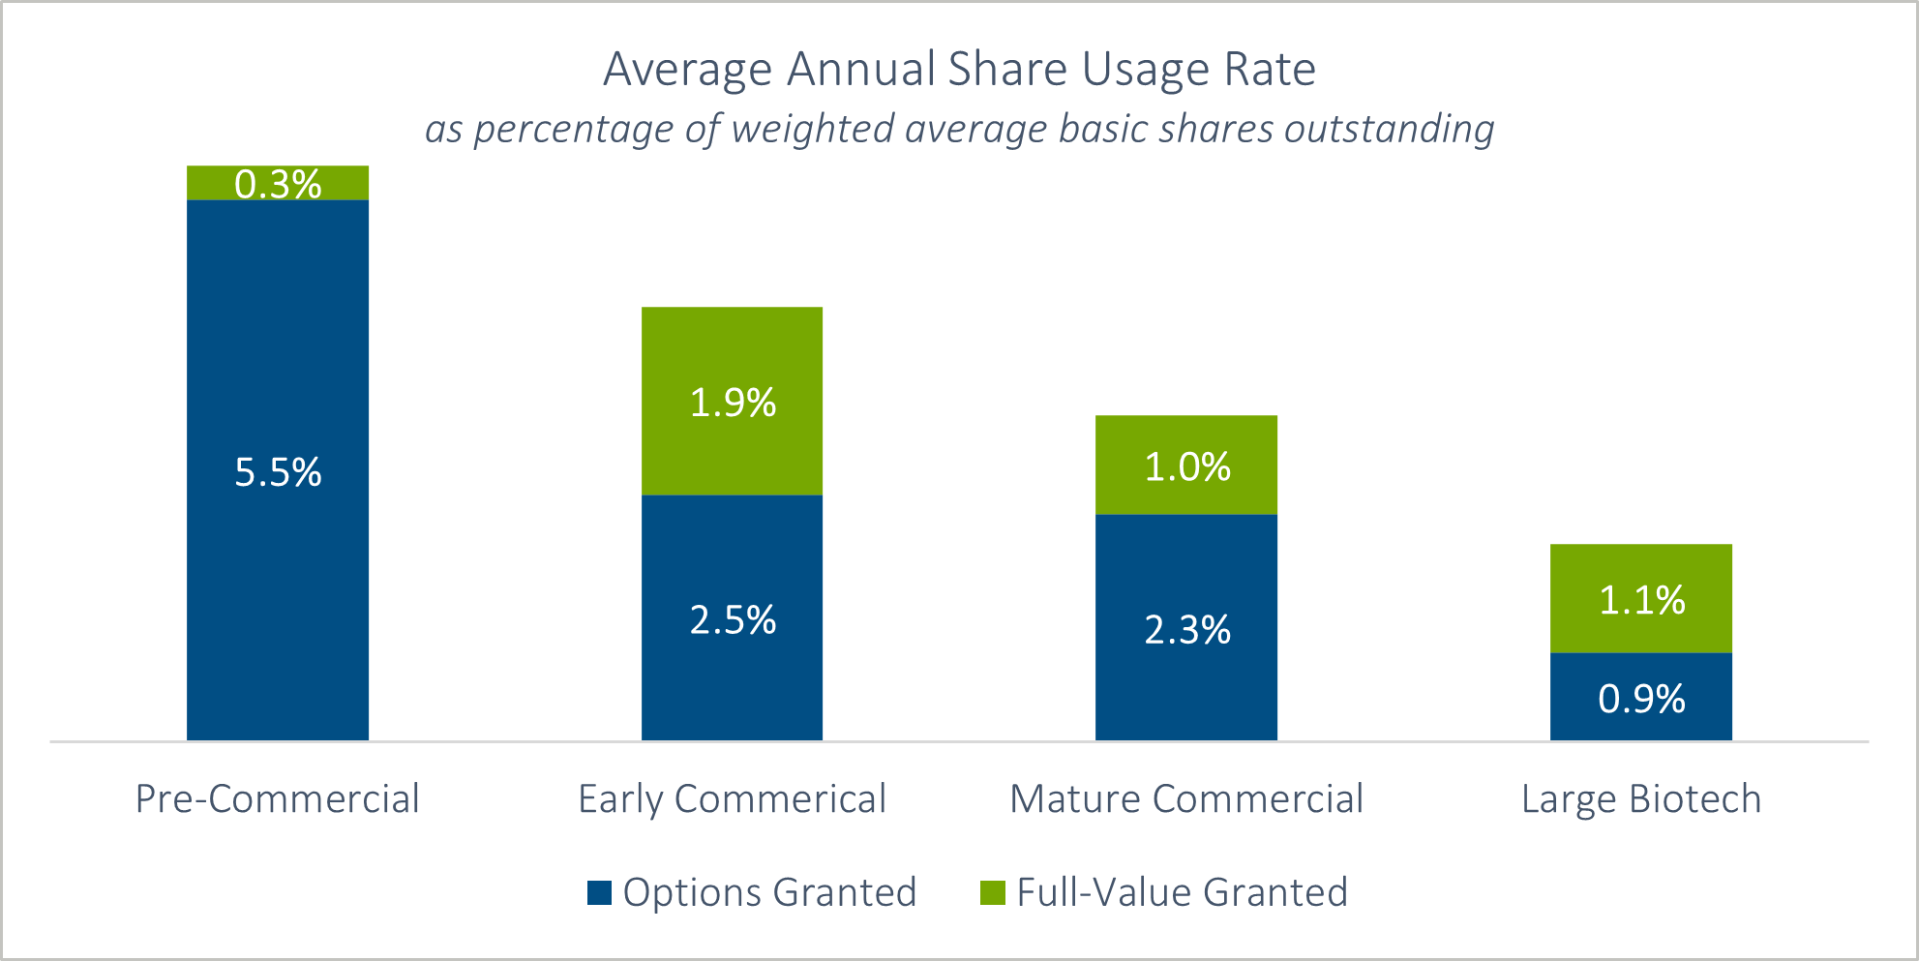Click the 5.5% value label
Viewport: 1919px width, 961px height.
click(x=278, y=472)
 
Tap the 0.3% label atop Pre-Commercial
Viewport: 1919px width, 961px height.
click(x=278, y=184)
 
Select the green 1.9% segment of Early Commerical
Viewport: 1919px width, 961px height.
click(x=733, y=402)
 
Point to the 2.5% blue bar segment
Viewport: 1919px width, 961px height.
click(x=733, y=619)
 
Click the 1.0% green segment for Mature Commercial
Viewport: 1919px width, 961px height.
click(x=1186, y=466)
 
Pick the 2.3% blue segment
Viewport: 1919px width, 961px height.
click(x=1186, y=629)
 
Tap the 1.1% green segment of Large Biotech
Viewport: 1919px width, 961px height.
click(x=1641, y=599)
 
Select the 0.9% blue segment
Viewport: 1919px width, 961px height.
click(x=1641, y=698)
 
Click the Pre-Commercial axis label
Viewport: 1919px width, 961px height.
click(x=278, y=799)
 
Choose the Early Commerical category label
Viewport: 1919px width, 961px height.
click(x=733, y=799)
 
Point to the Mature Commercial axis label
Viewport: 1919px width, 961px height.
click(x=1186, y=799)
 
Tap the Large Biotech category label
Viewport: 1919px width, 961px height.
click(x=1641, y=799)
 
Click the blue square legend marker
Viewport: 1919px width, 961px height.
click(x=599, y=892)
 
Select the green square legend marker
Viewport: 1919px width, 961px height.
click(x=993, y=892)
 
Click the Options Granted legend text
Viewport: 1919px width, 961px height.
click(x=769, y=892)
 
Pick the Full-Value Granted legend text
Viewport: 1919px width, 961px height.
click(x=1182, y=892)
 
